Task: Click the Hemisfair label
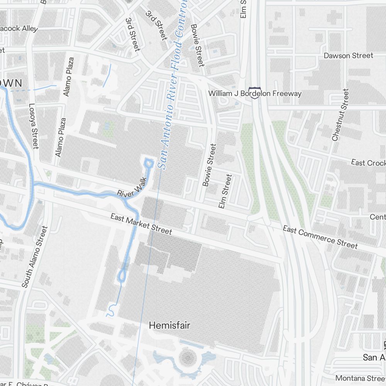point(169,326)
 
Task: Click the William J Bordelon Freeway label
point(255,93)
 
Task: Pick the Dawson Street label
point(348,56)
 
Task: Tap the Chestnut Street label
point(340,115)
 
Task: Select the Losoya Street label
point(34,126)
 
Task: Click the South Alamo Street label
point(35,257)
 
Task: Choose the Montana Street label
point(360,378)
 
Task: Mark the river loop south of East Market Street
point(123,275)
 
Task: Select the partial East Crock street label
point(368,163)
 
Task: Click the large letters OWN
point(12,82)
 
